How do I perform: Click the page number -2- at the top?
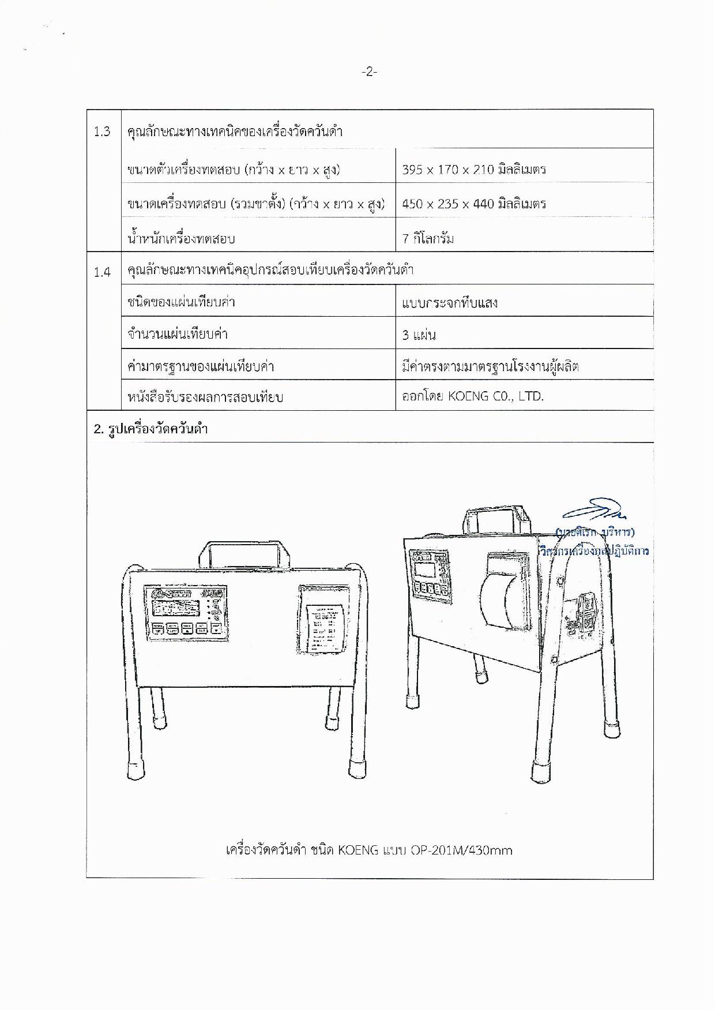[x=369, y=72]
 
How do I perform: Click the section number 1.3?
[x=102, y=132]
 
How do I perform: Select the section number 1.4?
[x=102, y=271]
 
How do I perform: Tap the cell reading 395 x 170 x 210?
[x=473, y=170]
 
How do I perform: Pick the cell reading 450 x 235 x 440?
[x=473, y=204]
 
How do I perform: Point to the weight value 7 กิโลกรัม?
[x=428, y=238]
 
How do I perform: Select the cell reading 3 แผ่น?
[x=419, y=335]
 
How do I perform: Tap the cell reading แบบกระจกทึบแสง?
[x=450, y=303]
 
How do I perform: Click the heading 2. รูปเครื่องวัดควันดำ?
[x=150, y=429]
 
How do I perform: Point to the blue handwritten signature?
[x=594, y=511]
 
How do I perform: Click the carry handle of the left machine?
[x=243, y=553]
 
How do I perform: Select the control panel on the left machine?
[x=185, y=614]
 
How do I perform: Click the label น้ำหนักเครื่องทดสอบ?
[x=181, y=238]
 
